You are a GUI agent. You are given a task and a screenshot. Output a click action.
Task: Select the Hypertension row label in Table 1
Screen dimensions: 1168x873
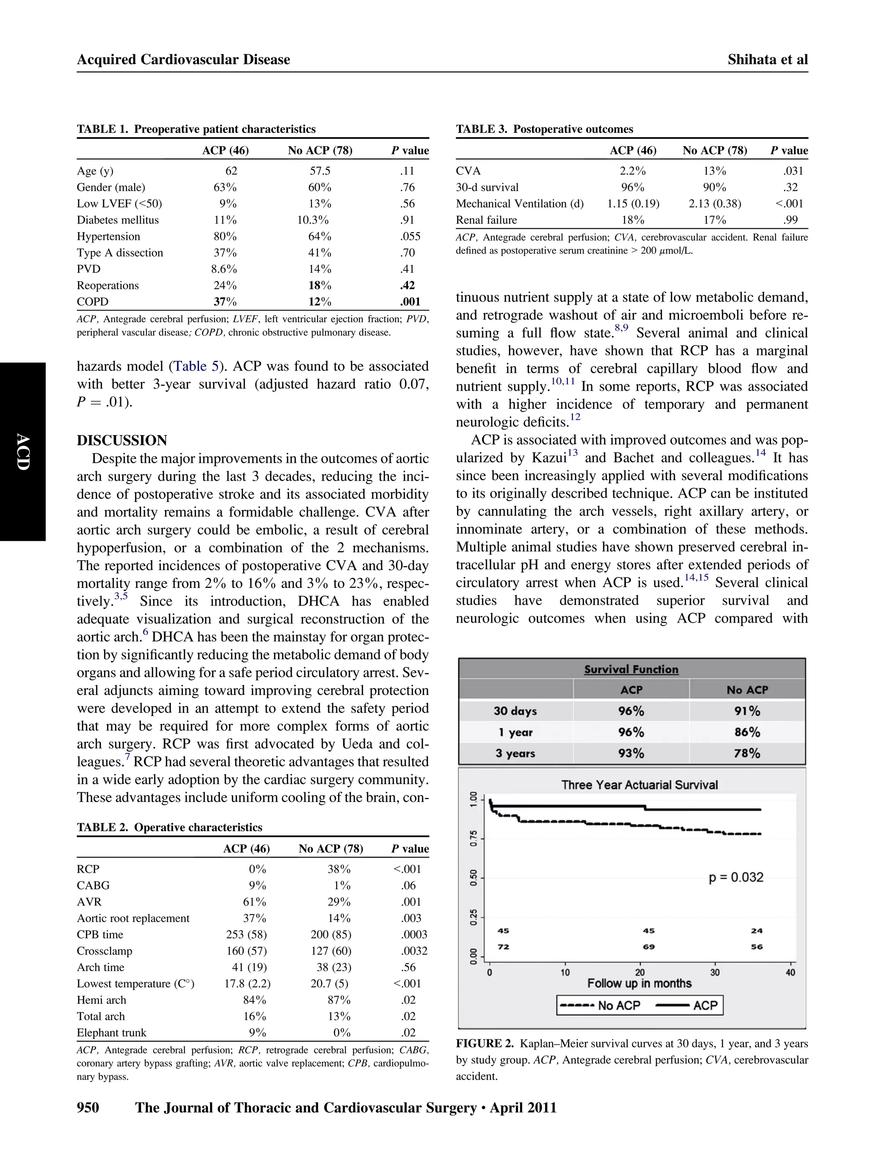(108, 236)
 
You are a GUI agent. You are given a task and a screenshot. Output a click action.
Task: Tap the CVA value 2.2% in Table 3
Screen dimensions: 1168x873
(632, 171)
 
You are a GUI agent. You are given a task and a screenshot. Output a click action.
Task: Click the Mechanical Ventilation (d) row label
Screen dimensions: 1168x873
(519, 204)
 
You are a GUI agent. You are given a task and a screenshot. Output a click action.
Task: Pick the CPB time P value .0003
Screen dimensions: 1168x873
(413, 934)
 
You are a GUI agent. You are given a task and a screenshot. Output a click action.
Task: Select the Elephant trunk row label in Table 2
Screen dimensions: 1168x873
(111, 1032)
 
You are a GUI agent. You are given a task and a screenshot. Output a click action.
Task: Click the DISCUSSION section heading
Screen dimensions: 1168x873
(121, 440)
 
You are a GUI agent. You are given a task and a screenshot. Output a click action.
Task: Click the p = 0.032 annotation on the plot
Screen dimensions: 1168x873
(735, 877)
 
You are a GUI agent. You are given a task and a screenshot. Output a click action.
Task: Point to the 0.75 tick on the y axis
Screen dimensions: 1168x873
(474, 838)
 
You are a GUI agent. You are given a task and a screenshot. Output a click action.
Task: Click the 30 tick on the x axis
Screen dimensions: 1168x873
(714, 973)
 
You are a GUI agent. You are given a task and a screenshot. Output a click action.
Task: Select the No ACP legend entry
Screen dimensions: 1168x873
(599, 1005)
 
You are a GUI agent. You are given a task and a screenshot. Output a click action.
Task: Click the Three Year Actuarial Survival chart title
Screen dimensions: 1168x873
(639, 784)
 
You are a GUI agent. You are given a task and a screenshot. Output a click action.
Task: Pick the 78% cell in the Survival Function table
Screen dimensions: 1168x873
(746, 753)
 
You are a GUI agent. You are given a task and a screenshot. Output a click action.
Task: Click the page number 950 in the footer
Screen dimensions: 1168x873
(88, 1107)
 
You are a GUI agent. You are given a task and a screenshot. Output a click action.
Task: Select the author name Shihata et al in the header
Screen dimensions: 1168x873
(767, 60)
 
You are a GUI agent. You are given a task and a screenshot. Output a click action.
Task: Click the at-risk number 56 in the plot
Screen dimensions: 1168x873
(757, 947)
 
